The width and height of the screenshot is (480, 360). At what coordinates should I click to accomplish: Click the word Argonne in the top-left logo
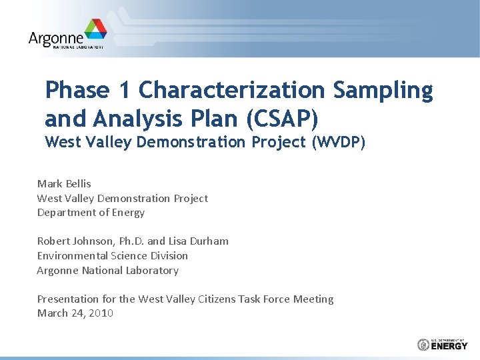pyautogui.click(x=57, y=38)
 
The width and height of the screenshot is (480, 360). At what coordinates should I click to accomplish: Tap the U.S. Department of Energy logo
pyautogui.click(x=443, y=344)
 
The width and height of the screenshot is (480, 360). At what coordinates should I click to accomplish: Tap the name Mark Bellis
pyautogui.click(x=64, y=183)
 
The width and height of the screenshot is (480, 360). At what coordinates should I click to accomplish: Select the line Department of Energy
pyautogui.click(x=91, y=213)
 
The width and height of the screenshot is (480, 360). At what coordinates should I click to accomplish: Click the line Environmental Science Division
pyautogui.click(x=112, y=255)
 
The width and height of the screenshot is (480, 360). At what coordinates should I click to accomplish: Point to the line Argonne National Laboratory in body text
pyautogui.click(x=107, y=270)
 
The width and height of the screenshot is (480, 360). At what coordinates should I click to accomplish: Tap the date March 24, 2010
pyautogui.click(x=75, y=313)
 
